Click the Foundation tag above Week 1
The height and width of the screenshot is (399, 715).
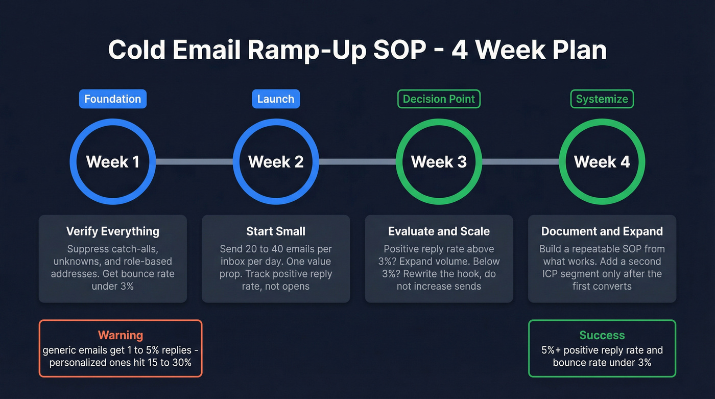pyautogui.click(x=112, y=99)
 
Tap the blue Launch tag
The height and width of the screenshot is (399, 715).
pyautogui.click(x=276, y=99)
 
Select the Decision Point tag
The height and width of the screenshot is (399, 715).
pyautogui.click(x=439, y=99)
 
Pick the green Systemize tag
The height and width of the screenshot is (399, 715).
pyautogui.click(x=602, y=99)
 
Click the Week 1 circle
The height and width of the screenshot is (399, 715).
pyautogui.click(x=112, y=162)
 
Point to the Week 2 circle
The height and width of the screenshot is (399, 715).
pyautogui.click(x=276, y=162)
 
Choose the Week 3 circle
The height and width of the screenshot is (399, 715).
pyautogui.click(x=439, y=162)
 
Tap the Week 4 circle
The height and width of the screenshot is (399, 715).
pyautogui.click(x=602, y=162)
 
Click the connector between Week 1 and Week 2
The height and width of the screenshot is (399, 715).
pyautogui.click(x=194, y=162)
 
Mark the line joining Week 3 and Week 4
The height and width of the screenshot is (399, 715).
pyautogui.click(x=520, y=162)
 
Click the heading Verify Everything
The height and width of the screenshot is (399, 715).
pyautogui.click(x=112, y=231)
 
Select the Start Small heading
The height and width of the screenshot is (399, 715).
pyautogui.click(x=276, y=231)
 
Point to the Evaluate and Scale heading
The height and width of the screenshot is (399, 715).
pyautogui.click(x=439, y=231)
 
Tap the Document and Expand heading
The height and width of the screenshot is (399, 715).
pyautogui.click(x=602, y=231)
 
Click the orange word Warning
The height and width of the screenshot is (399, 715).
pyautogui.click(x=121, y=336)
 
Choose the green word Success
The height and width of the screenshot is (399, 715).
pyautogui.click(x=602, y=336)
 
